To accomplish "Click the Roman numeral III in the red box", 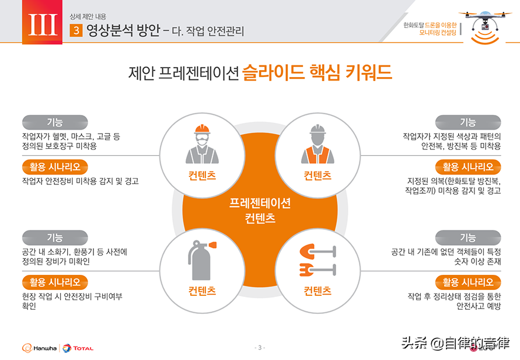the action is [43, 25].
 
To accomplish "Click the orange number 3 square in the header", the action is [76, 30].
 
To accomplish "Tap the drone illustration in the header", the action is [485, 26].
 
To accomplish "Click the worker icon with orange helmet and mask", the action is [202, 144].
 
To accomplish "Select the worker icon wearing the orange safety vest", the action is [317, 144].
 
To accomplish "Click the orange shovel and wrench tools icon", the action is [317, 260].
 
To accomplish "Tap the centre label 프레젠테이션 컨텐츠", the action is [260, 211].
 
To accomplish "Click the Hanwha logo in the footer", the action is [39, 348].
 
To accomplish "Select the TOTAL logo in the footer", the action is [78, 348].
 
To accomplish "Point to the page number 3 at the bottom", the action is [260, 347].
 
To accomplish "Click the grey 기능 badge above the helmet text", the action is [55, 123].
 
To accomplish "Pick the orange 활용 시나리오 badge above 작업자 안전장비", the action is [55, 167].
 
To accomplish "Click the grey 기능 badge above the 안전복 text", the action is [468, 123].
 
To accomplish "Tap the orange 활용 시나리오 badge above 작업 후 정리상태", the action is [468, 282].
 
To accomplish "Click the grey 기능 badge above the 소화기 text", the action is [55, 237].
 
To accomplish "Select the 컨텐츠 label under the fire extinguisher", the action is [202, 291].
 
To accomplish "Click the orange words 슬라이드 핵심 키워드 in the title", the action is [317, 72].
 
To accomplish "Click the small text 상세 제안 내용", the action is [88, 16].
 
